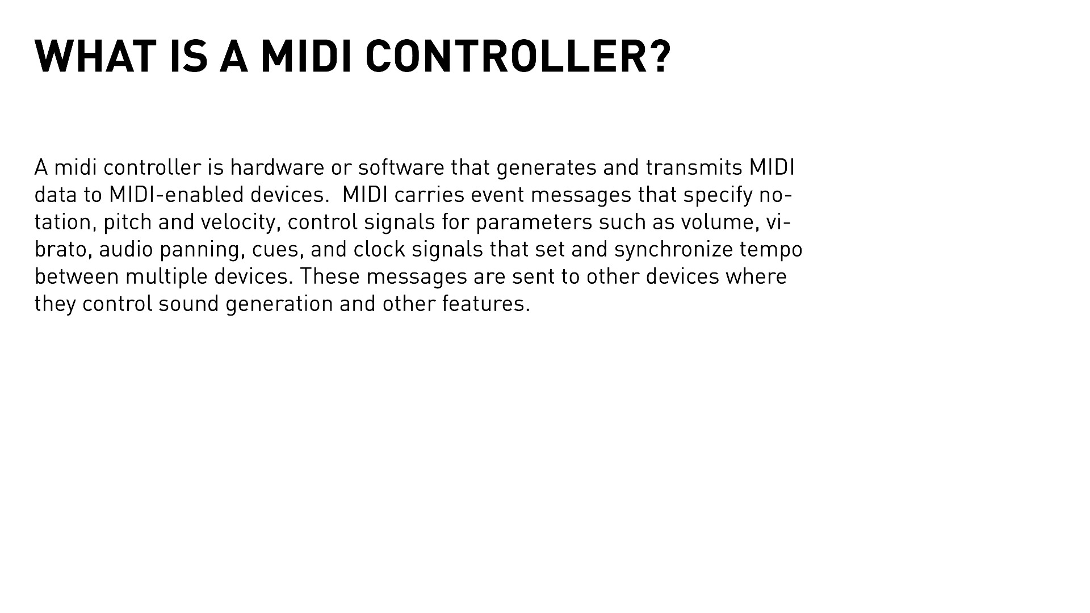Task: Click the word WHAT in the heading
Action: click(x=95, y=57)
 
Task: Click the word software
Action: click(x=401, y=168)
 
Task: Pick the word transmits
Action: click(x=694, y=168)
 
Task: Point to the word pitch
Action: click(x=128, y=222)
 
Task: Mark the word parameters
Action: click(x=534, y=222)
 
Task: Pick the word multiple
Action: click(x=166, y=277)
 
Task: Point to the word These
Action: click(x=330, y=277)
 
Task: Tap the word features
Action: click(x=485, y=304)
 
